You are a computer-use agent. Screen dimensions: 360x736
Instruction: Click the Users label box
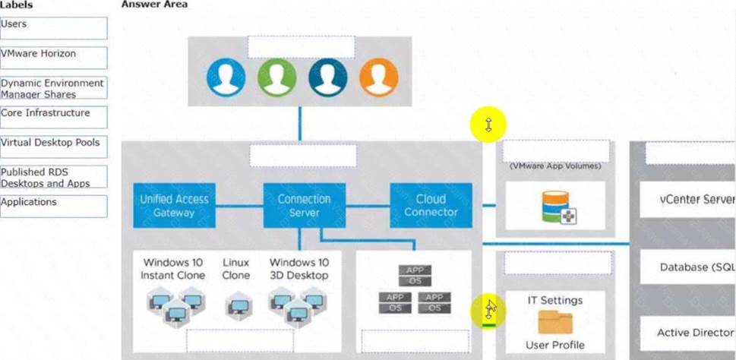pos(53,28)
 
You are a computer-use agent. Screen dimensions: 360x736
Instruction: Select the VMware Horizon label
pos(53,58)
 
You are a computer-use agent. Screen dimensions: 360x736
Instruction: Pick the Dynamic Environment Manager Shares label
pos(53,88)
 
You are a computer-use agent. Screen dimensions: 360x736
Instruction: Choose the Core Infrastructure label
pos(53,117)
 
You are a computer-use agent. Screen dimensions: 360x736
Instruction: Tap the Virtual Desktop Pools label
pos(53,147)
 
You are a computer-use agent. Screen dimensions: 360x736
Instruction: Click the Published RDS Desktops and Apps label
pos(53,177)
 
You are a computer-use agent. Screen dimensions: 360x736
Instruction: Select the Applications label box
pos(53,206)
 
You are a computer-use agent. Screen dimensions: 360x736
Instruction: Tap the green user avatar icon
pos(276,77)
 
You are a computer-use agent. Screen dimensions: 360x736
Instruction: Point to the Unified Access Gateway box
pos(175,205)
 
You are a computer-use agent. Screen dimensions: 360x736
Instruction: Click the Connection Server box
pos(304,205)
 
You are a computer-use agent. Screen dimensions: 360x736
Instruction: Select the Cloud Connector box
pos(431,205)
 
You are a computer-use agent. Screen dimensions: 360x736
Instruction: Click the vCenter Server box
pos(687,201)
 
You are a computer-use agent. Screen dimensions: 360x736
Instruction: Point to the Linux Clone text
pos(235,269)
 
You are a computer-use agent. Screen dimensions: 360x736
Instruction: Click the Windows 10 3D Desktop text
pos(299,269)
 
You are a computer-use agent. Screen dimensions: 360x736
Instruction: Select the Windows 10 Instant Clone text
pos(173,269)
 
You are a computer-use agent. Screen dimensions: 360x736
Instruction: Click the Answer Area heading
pos(154,5)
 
